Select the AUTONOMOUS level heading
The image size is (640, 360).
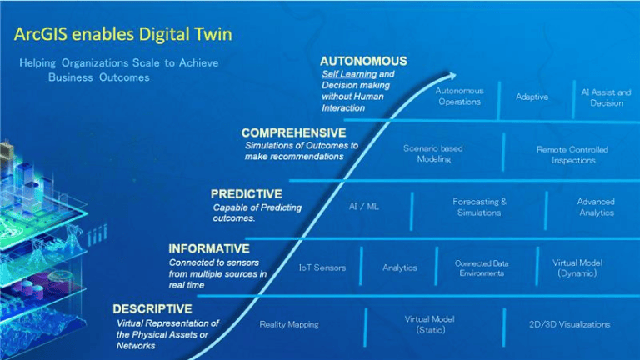pos(363,61)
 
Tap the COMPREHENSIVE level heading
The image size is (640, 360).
pos(293,132)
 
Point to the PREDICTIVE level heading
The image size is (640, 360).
pos(247,193)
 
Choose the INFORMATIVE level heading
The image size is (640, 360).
pos(208,248)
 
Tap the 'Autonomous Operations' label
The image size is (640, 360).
pos(459,96)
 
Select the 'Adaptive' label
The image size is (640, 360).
pos(532,97)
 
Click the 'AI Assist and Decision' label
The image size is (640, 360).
pos(606,97)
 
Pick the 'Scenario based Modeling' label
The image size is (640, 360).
pos(433,153)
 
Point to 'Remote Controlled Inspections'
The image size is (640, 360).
pos(572,155)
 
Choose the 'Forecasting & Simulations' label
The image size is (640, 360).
pos(479,207)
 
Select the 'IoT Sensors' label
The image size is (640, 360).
pos(322,267)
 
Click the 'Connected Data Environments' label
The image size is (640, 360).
pos(481,267)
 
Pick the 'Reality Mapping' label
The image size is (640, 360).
pos(289,324)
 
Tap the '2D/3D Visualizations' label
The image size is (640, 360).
pos(569,324)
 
